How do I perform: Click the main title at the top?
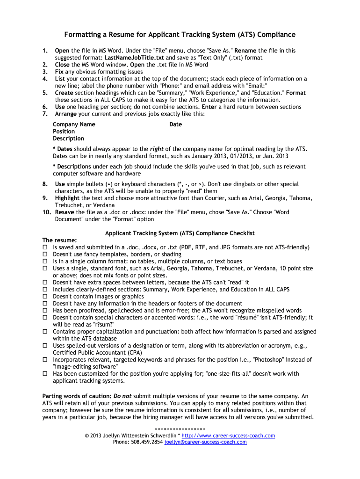(x=180, y=35)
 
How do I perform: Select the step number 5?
(x=45, y=93)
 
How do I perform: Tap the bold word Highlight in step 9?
(x=67, y=198)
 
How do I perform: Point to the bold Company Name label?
(x=74, y=124)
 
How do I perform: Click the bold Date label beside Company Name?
(x=176, y=124)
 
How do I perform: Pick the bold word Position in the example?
(x=64, y=131)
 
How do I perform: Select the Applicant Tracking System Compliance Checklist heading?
(x=180, y=233)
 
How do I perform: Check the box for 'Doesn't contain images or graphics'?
(x=45, y=297)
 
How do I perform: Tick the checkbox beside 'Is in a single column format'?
(x=45, y=261)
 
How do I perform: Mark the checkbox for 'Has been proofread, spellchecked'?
(x=45, y=311)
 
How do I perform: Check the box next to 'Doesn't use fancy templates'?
(x=45, y=254)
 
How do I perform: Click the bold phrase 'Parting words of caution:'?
(x=77, y=396)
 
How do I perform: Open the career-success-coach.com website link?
(x=228, y=435)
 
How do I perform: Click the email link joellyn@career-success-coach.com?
(x=205, y=442)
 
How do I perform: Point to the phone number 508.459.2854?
(x=147, y=442)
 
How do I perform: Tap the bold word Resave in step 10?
(x=65, y=212)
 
